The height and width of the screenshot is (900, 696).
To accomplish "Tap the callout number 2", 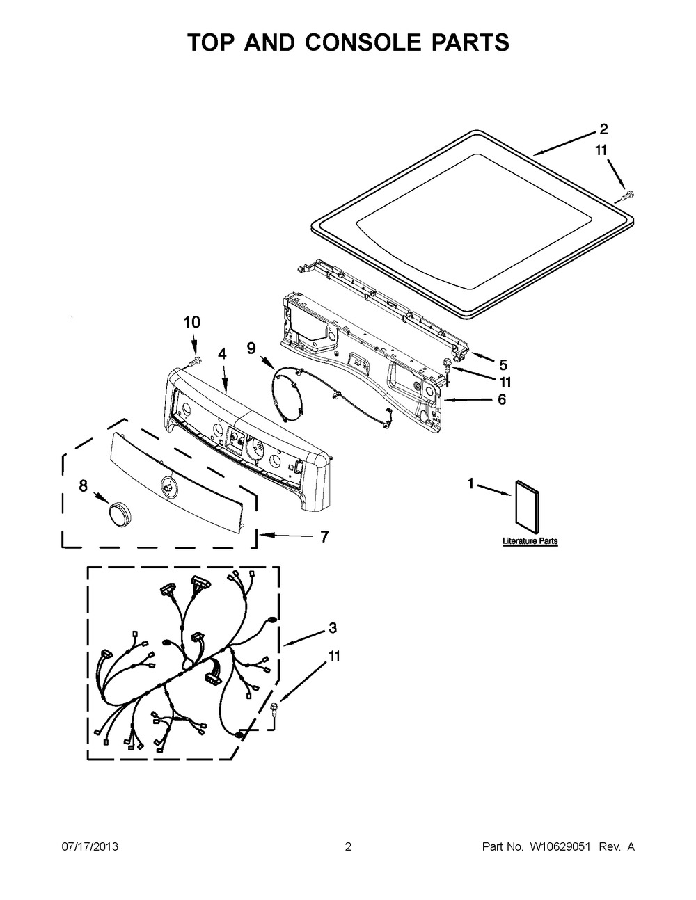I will [603, 129].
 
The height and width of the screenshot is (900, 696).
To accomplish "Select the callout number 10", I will [191, 321].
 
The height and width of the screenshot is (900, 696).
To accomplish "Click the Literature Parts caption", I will [530, 540].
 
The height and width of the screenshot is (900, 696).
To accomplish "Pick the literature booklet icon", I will [527, 504].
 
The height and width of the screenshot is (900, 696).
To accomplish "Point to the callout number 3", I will [333, 628].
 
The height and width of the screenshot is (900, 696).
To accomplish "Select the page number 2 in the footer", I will [348, 846].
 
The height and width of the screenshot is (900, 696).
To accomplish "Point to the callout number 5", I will [503, 364].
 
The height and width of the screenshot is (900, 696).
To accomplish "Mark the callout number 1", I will [470, 483].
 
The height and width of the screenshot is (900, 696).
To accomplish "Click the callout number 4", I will [221, 353].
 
